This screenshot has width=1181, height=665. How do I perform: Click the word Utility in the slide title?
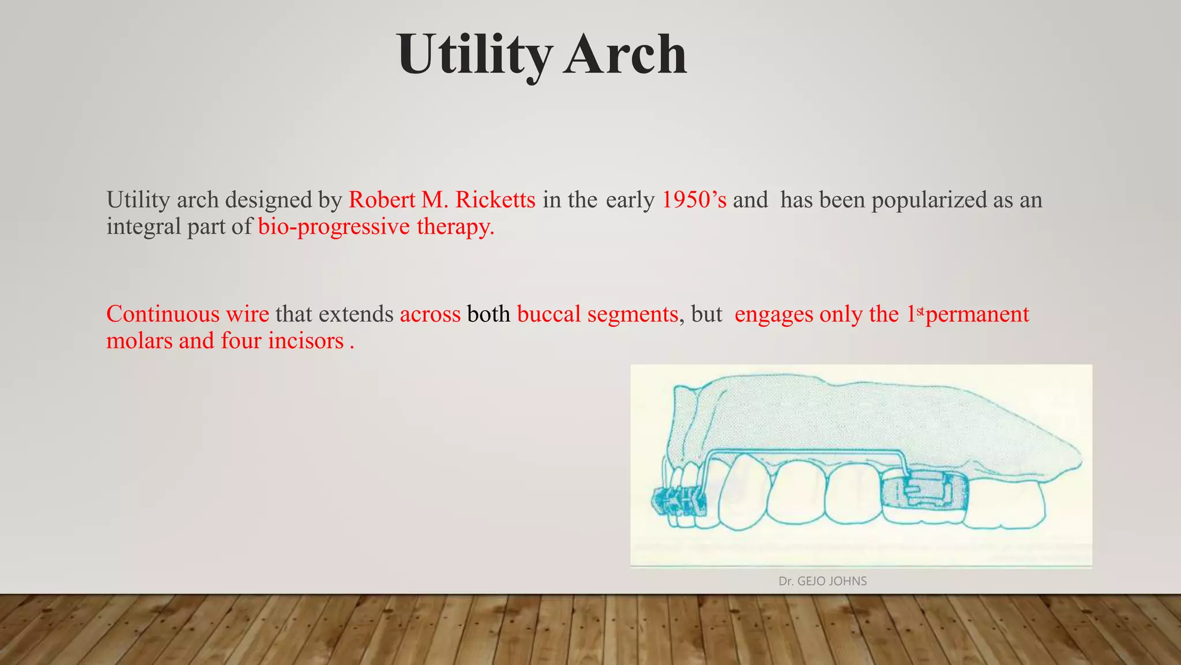tap(474, 55)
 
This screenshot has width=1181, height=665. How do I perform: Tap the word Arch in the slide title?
tap(625, 55)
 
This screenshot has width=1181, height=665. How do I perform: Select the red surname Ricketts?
tap(495, 200)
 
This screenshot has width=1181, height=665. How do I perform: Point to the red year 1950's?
tap(694, 200)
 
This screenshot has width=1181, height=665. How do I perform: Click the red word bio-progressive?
tap(334, 226)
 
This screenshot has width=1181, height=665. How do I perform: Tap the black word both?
tap(488, 314)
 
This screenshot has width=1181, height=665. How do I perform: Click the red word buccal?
tap(549, 314)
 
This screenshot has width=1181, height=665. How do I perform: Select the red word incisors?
tap(306, 341)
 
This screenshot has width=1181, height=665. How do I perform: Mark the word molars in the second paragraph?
tap(140, 341)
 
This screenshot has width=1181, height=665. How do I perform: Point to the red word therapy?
tap(456, 226)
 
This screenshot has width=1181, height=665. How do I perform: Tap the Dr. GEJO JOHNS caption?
tap(822, 581)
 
